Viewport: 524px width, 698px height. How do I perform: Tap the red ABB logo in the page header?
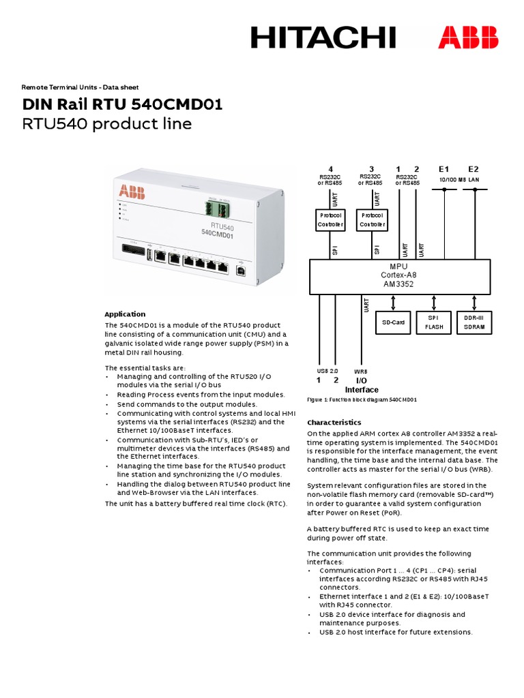[x=468, y=37]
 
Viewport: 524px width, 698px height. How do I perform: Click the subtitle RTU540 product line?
[x=107, y=124]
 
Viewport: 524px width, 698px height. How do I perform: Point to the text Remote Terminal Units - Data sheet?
[x=80, y=87]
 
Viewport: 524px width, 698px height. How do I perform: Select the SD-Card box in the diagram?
[x=393, y=322]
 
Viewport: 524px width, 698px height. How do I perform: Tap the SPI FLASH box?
[x=434, y=322]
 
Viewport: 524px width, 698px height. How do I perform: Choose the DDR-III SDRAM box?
[x=474, y=322]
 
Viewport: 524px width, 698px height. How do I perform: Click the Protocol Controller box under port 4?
[x=331, y=219]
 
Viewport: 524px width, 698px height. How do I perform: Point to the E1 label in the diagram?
[x=444, y=169]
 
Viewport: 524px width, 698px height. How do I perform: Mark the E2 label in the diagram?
[x=474, y=169]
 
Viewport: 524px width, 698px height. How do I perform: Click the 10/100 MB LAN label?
[x=458, y=179]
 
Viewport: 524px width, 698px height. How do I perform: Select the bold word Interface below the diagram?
[x=362, y=389]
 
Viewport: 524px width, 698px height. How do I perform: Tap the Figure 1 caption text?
[x=362, y=400]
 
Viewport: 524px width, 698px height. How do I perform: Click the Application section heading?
[x=125, y=314]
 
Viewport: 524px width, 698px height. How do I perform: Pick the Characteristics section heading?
[x=334, y=422]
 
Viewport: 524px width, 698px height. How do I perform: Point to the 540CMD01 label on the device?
[x=218, y=235]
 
